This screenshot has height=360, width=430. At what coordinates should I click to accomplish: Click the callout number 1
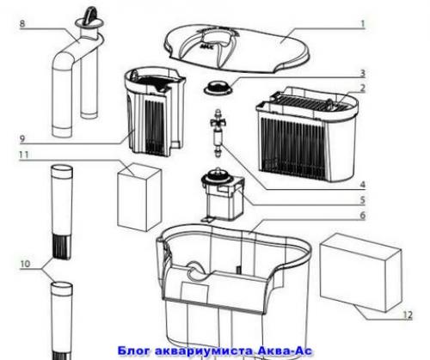coord(363,23)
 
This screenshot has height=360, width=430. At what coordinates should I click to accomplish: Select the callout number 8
coord(22,23)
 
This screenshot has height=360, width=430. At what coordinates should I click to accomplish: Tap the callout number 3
coord(363,73)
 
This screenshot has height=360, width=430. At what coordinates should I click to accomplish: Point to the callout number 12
coord(408,315)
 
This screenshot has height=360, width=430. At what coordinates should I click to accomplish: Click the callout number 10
coord(25,264)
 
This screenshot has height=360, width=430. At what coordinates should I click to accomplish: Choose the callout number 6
coord(363,216)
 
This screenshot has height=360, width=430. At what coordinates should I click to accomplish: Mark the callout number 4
coord(363,185)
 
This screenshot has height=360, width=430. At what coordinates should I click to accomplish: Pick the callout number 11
coord(24,155)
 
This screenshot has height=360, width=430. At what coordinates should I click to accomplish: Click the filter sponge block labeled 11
coord(139,198)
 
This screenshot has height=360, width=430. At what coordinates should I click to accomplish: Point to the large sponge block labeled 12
coord(360,272)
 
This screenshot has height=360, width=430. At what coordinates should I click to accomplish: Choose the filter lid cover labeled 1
coord(238,49)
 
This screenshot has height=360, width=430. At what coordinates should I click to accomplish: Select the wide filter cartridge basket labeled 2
coord(306,134)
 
